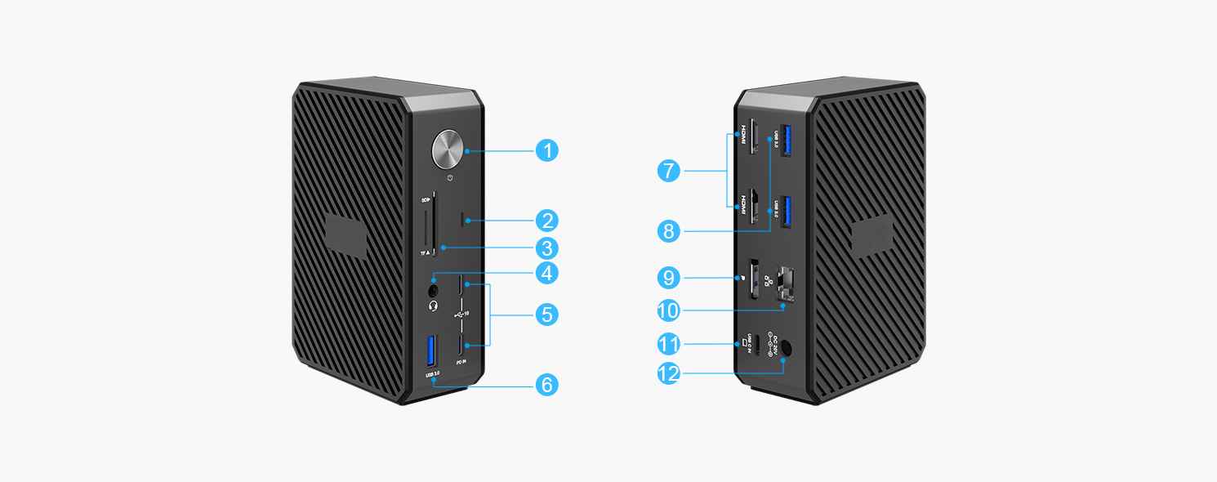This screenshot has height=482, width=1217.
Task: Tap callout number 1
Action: (x=547, y=150)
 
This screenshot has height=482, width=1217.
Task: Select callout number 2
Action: (x=547, y=220)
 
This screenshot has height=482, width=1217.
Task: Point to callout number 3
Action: (x=547, y=247)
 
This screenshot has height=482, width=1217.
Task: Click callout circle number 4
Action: (x=547, y=274)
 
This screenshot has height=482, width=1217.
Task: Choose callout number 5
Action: (x=547, y=314)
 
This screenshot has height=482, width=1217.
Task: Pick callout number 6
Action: (x=547, y=384)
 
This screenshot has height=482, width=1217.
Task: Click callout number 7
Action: (x=669, y=172)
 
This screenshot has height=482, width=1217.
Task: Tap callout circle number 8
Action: (x=669, y=232)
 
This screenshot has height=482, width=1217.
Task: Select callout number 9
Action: (x=669, y=279)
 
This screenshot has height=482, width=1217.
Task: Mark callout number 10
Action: (x=669, y=310)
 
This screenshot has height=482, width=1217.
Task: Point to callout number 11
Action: (x=669, y=343)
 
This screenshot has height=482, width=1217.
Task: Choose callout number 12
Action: (x=669, y=374)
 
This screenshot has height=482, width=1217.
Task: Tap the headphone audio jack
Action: (x=434, y=288)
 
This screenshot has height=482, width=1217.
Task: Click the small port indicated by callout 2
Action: (x=466, y=220)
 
